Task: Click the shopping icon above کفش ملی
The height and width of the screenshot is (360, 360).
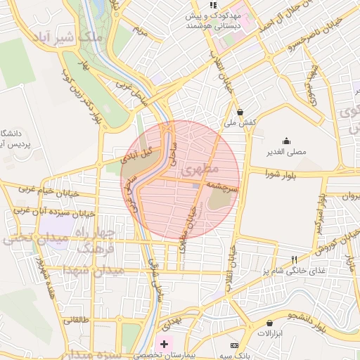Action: click(x=240, y=111)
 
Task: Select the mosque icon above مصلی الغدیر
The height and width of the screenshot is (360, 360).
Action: click(x=285, y=140)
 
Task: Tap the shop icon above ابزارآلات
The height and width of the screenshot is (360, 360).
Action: click(x=269, y=323)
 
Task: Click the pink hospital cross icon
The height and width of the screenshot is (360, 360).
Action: click(x=165, y=344)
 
